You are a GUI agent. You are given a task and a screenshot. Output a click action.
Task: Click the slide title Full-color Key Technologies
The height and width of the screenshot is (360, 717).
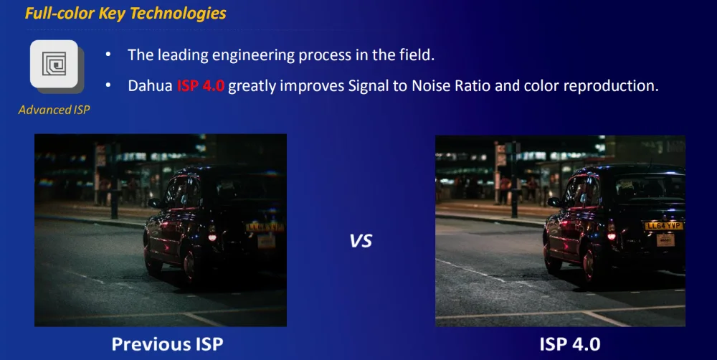pyautogui.click(x=125, y=13)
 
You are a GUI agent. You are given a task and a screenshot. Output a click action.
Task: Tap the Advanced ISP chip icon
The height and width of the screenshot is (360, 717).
pyautogui.click(x=54, y=64)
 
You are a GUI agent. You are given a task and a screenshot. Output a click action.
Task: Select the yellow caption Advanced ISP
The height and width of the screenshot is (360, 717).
pyautogui.click(x=54, y=110)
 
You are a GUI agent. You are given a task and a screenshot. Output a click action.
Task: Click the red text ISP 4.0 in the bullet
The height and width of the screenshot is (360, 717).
pyautogui.click(x=201, y=85)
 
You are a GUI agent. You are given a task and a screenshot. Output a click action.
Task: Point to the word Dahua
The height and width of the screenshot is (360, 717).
pyautogui.click(x=151, y=85)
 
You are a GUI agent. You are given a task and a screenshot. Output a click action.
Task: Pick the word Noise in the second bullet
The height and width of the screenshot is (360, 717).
pyautogui.click(x=432, y=85)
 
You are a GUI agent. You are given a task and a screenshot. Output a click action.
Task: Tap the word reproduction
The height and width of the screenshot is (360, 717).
pyautogui.click(x=610, y=86)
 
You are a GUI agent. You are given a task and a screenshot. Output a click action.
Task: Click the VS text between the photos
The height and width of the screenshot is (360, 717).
pyautogui.click(x=361, y=241)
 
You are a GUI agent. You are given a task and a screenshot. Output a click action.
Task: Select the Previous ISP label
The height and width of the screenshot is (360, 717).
pyautogui.click(x=167, y=344)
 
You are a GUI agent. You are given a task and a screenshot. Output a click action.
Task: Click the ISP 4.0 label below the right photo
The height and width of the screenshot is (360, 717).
pyautogui.click(x=570, y=344)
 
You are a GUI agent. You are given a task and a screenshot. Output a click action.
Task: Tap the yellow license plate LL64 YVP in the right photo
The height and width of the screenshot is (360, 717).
pyautogui.click(x=663, y=226)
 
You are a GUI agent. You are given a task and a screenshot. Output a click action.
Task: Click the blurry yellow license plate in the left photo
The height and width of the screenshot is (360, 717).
pyautogui.click(x=265, y=227)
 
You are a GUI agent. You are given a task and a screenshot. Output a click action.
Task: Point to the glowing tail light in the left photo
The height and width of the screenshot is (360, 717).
pyautogui.click(x=212, y=237)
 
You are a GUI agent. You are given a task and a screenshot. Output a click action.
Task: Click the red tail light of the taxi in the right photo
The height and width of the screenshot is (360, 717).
pyautogui.click(x=611, y=236)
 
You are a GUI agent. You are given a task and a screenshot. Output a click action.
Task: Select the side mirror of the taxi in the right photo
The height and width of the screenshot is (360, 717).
pyautogui.click(x=554, y=202)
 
